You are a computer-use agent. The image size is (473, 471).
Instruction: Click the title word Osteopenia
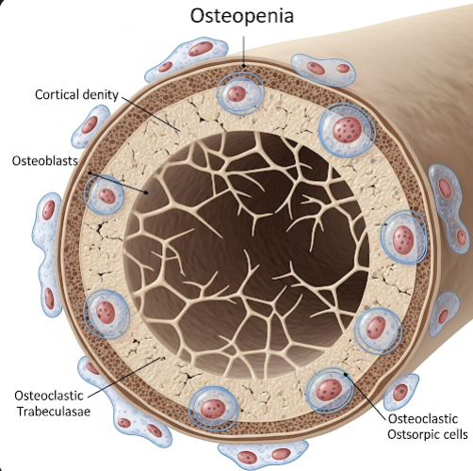click(x=242, y=16)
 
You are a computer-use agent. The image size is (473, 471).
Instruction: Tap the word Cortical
click(x=57, y=94)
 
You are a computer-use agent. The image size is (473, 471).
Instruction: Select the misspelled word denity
click(x=100, y=95)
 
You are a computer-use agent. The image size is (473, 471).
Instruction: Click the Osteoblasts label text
click(x=44, y=161)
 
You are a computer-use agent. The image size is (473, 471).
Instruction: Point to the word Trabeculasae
click(x=54, y=412)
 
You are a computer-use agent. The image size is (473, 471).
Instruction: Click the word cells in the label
click(x=455, y=434)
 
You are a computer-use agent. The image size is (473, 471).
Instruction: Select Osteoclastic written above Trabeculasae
click(x=49, y=396)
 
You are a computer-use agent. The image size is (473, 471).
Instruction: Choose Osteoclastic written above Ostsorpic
click(x=423, y=419)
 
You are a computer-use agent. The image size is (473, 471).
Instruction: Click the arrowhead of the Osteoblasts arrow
click(x=146, y=192)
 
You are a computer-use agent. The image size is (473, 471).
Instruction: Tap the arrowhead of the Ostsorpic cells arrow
click(x=346, y=374)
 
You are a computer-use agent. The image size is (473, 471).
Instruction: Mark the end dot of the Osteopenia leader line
click(x=243, y=66)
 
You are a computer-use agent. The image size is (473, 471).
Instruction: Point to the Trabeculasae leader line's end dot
click(x=163, y=358)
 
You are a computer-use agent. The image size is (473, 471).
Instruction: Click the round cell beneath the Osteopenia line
click(x=240, y=93)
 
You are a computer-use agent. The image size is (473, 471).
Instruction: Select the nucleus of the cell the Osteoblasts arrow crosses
click(x=107, y=196)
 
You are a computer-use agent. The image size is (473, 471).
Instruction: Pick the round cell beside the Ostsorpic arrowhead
click(x=329, y=390)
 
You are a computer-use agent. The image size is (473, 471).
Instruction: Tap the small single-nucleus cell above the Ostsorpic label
click(x=400, y=392)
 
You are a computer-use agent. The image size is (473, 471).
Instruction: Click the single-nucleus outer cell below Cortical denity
click(x=90, y=126)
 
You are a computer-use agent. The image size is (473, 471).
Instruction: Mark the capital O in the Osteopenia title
click(x=200, y=16)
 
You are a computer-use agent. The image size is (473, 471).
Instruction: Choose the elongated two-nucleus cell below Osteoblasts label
click(x=48, y=254)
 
